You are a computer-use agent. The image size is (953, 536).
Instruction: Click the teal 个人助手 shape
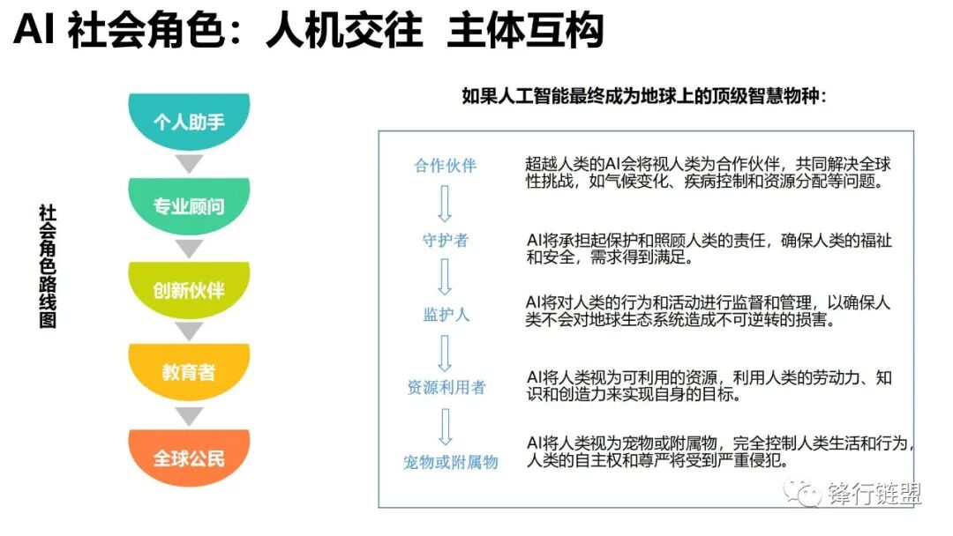coord(189,121)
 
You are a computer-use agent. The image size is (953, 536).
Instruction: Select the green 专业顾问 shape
coord(189,206)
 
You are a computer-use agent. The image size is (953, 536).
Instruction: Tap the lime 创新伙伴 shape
coord(189,290)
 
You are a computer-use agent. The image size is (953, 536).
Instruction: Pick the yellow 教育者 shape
coord(189,372)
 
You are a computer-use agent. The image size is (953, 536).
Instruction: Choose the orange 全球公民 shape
coord(189,458)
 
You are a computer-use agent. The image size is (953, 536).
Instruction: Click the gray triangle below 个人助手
coord(189,163)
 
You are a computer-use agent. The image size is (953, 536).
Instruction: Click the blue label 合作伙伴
coord(445,166)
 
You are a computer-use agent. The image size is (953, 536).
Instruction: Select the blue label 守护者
coord(445,240)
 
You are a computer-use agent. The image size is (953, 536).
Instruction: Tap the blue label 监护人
coord(445,315)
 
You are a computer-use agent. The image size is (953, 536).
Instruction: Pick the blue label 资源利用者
coord(446,388)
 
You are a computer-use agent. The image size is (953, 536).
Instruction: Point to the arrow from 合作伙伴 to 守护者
coord(445,203)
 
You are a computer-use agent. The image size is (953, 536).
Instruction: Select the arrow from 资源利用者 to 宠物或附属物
coord(445,426)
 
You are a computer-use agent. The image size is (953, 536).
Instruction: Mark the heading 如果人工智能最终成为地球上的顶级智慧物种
coord(644,96)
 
